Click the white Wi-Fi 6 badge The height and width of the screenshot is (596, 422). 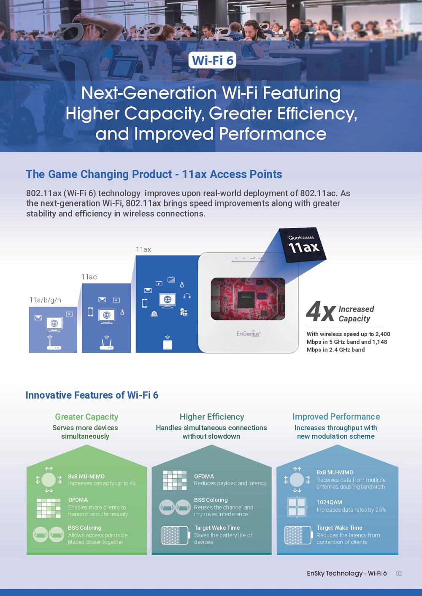coord(212,60)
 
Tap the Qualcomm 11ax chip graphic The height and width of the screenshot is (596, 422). coord(303,245)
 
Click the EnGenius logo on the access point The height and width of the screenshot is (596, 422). coord(249,334)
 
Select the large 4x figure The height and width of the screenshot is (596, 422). coord(320,311)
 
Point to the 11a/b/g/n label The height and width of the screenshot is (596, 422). coord(45,300)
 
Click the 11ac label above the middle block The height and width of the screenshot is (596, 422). coord(89,277)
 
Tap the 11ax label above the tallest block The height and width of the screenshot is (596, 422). coord(143,249)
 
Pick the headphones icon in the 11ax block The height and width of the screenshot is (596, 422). coord(187,296)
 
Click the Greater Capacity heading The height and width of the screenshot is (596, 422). coord(87,417)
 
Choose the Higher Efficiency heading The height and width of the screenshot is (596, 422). coord(212,417)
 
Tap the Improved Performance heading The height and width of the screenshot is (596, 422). coord(336,417)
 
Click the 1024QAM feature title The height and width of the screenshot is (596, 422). coord(329,502)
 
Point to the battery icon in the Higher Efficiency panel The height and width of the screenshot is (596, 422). coord(176,535)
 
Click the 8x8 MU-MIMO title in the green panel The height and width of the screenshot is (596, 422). coord(86,476)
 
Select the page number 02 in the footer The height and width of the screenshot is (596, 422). coord(398,573)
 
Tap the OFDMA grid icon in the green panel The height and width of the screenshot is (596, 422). coord(49,508)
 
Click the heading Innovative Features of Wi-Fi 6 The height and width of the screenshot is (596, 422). coord(92,395)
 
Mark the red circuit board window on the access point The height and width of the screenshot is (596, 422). coord(248,299)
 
